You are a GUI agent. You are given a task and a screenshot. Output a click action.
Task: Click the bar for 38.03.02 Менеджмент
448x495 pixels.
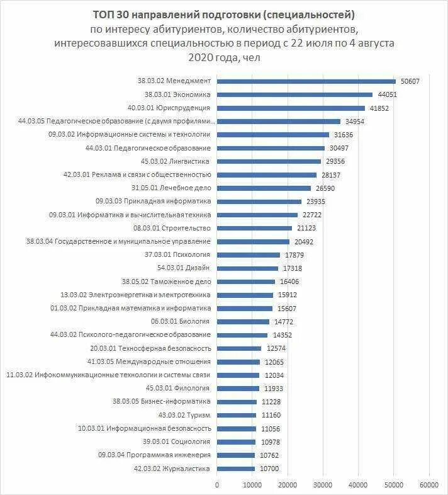coord(306,81)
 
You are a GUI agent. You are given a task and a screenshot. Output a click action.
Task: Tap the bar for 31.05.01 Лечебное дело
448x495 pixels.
coord(264,188)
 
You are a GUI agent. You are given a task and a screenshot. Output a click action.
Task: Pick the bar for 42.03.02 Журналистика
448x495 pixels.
coord(236,469)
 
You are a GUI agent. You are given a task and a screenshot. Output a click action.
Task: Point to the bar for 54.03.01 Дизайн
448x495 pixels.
coord(247,268)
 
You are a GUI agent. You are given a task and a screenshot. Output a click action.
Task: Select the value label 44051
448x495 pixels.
coord(386,94)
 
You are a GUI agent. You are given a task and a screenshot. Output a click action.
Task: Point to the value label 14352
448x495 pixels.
coord(281,335)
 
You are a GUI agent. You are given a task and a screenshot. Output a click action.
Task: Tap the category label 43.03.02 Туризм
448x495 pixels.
coord(184,415)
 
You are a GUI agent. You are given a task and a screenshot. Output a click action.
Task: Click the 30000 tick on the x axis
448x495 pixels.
coord(323,484)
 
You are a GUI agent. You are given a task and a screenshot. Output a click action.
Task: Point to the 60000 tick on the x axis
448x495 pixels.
coord(429,484)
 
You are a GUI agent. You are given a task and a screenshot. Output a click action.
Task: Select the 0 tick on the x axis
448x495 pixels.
coord(217,484)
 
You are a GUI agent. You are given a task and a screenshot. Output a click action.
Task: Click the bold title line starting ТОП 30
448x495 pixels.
coord(224,14)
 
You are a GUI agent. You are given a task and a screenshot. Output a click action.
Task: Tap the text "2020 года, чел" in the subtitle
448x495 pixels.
coord(224,57)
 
